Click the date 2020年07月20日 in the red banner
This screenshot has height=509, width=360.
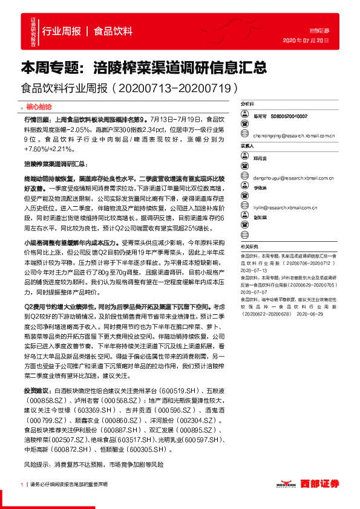click(x=306, y=41)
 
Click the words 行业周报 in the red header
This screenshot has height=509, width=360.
click(x=62, y=31)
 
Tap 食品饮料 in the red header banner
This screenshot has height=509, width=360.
click(x=113, y=31)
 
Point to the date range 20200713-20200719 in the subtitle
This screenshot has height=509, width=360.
click(x=177, y=88)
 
